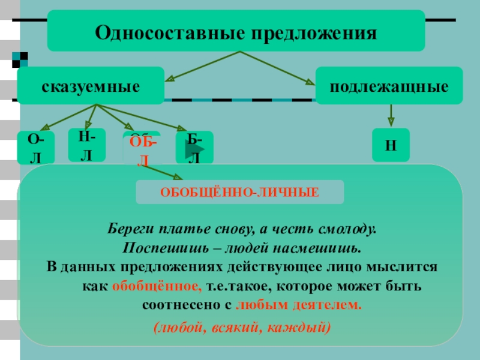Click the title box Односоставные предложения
pyautogui.click(x=236, y=31)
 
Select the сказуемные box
pyautogui.click(x=91, y=86)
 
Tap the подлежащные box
pyautogui.click(x=389, y=86)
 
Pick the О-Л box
pyautogui.click(x=36, y=148)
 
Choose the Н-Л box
pyautogui.click(x=87, y=145)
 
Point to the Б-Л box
pyautogui.click(x=194, y=148)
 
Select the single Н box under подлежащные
pyautogui.click(x=391, y=145)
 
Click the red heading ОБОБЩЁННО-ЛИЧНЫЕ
pyautogui.click(x=239, y=193)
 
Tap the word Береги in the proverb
pyautogui.click(x=130, y=229)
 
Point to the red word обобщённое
pyautogui.click(x=157, y=286)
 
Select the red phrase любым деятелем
pyautogui.click(x=299, y=305)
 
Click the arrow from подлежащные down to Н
pyautogui.click(x=391, y=115)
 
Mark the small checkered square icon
pyautogui.click(x=20, y=59)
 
